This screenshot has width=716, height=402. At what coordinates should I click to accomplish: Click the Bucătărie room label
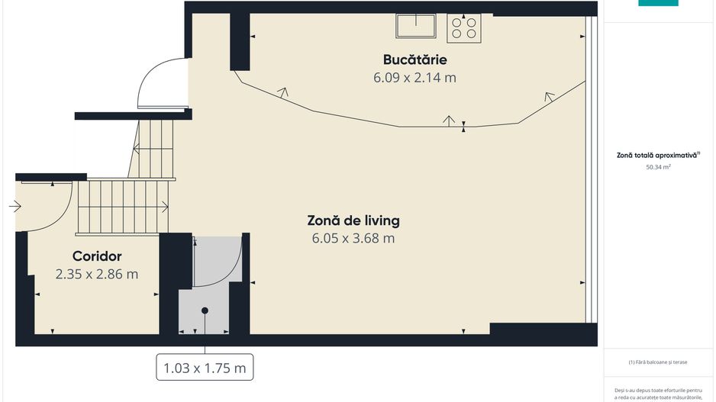click(414, 59)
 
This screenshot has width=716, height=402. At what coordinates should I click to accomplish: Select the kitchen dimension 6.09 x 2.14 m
click(414, 77)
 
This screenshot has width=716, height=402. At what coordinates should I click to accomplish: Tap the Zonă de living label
click(353, 220)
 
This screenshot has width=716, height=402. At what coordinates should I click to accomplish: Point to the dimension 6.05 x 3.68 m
click(353, 238)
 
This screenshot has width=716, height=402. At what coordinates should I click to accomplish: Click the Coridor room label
click(97, 256)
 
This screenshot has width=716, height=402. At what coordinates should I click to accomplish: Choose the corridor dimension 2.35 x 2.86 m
click(97, 274)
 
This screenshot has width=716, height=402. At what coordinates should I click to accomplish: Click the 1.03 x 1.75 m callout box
click(205, 368)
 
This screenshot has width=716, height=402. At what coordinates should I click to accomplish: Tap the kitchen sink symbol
click(415, 27)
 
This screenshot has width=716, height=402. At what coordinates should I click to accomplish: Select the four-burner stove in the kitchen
click(464, 28)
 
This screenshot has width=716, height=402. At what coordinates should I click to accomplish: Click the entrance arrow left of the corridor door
click(15, 206)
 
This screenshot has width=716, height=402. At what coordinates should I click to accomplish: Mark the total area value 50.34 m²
click(658, 166)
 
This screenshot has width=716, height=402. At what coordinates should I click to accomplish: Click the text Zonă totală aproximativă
click(657, 154)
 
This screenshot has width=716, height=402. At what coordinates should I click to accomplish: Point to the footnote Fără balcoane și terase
click(658, 362)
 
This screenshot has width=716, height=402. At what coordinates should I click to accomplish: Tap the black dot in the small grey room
click(205, 310)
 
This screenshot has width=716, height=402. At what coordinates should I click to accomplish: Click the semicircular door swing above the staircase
click(161, 84)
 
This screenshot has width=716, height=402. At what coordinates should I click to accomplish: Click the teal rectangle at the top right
click(658, 3)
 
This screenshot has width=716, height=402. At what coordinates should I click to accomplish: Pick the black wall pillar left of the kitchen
click(240, 42)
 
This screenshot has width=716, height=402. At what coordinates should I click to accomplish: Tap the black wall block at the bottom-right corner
click(543, 334)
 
